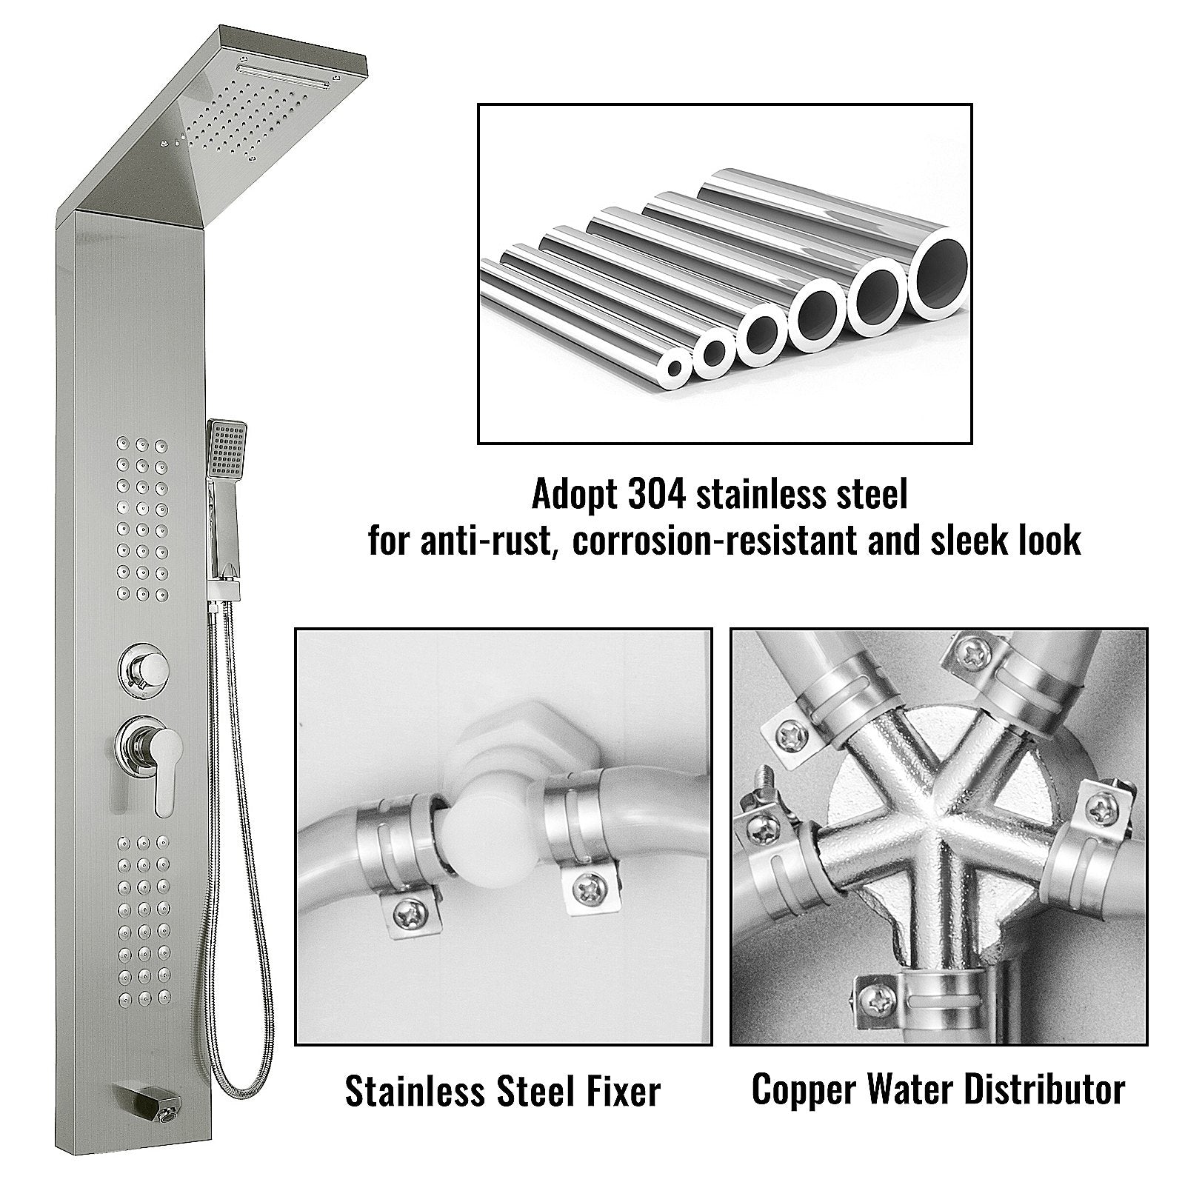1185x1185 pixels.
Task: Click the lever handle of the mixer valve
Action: (163, 770)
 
